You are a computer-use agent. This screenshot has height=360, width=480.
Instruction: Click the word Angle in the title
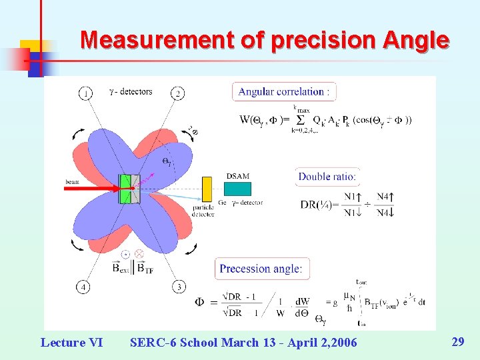[416, 40]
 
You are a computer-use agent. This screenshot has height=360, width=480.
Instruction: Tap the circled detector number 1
[86, 93]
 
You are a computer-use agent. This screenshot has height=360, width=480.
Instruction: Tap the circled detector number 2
[179, 93]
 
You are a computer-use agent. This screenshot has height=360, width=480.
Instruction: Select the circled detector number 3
[179, 287]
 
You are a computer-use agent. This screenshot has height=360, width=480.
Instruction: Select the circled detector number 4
[84, 287]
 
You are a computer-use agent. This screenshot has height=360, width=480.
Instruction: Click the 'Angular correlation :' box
[284, 92]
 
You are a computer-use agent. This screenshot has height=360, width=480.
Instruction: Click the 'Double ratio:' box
[327, 177]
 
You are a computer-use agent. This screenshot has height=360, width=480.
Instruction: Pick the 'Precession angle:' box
[261, 269]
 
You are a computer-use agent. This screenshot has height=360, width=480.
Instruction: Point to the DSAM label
[238, 176]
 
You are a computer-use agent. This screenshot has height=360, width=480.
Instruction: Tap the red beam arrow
[93, 189]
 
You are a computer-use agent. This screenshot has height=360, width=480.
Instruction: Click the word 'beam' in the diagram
[73, 181]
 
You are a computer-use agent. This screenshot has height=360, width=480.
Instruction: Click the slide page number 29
[457, 342]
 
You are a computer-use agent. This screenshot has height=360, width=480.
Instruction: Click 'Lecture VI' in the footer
[71, 343]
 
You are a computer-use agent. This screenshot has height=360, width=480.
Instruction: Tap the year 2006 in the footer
[341, 343]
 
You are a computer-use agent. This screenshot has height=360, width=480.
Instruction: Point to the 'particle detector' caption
[203, 211]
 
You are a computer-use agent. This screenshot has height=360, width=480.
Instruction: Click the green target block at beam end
[124, 189]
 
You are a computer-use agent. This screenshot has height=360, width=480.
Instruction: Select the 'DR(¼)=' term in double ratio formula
[318, 204]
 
